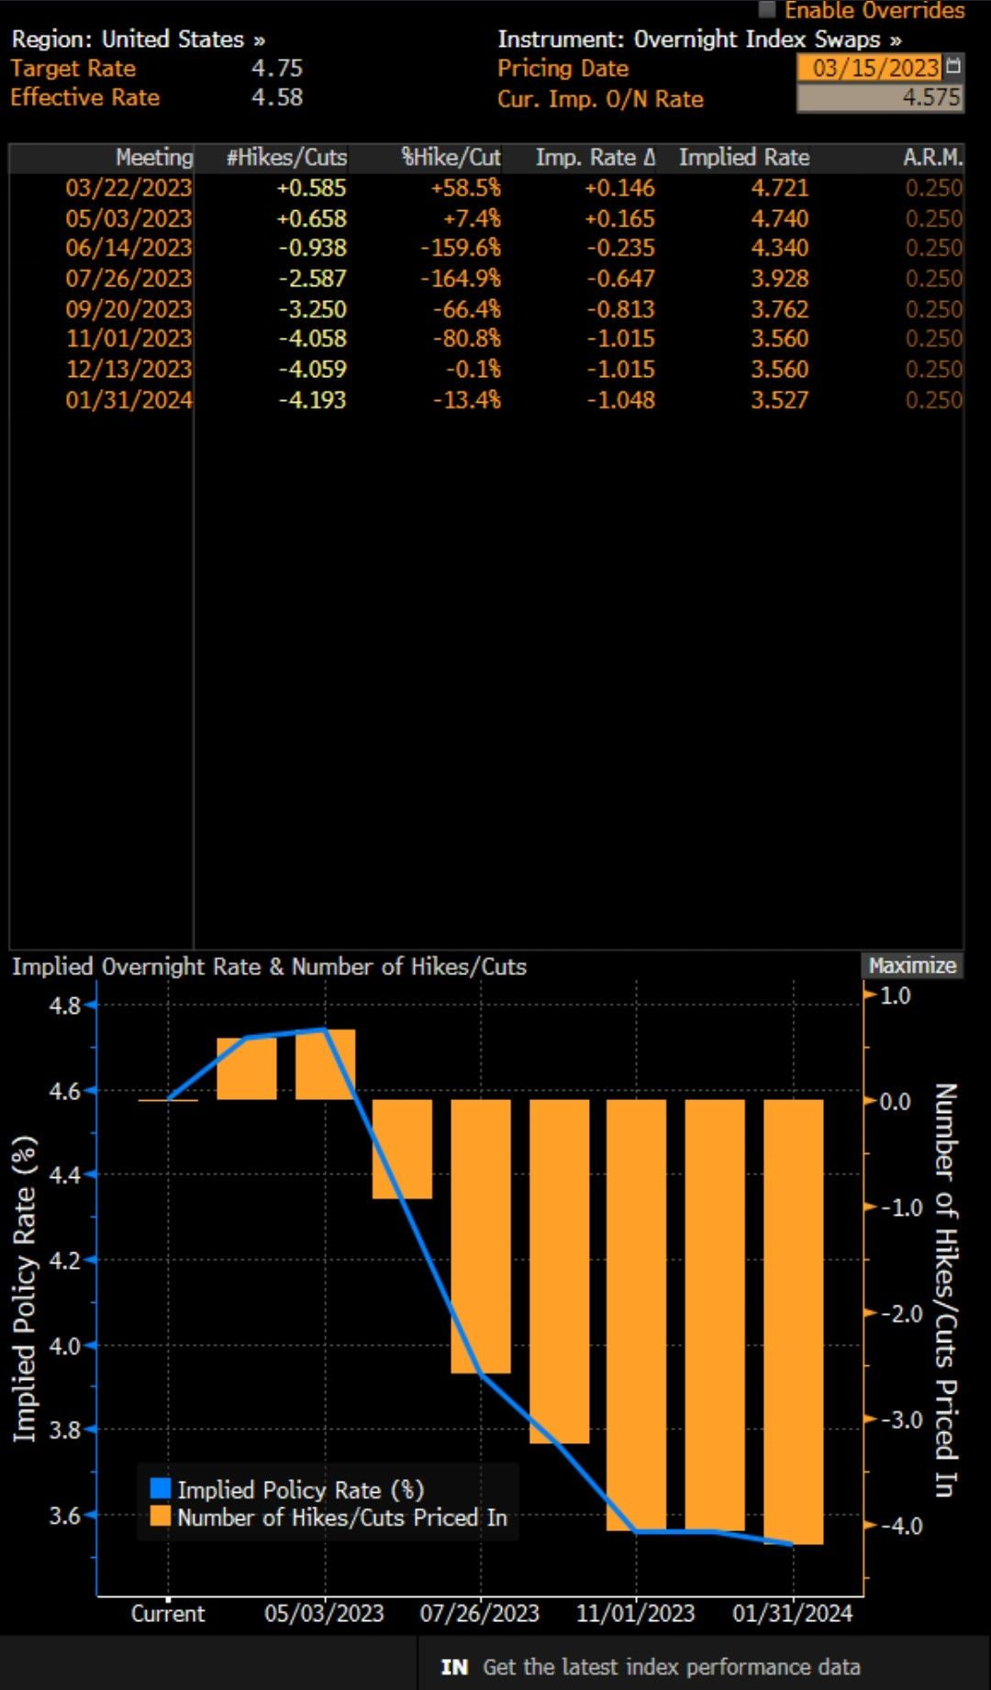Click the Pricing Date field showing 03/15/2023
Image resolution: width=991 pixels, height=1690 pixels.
click(875, 68)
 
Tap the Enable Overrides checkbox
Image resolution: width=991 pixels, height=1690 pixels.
click(767, 10)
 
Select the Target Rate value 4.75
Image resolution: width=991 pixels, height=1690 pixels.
click(276, 68)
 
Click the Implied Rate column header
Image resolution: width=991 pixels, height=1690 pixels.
click(743, 158)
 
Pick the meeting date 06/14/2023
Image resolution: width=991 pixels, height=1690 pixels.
click(128, 248)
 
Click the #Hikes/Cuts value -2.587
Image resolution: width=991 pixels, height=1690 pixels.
click(312, 279)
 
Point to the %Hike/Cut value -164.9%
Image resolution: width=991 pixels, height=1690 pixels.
click(461, 279)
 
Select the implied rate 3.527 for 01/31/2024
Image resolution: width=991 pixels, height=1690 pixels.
click(779, 400)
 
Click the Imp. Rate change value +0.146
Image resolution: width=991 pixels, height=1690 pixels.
click(620, 188)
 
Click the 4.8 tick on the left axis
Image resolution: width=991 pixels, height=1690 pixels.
click(65, 1006)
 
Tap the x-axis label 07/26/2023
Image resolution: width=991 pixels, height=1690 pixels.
click(479, 1613)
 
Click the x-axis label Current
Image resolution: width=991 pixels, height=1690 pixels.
click(168, 1613)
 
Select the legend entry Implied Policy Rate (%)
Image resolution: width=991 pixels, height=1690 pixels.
click(300, 1490)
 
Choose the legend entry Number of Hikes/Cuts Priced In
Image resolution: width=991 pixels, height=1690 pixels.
click(341, 1518)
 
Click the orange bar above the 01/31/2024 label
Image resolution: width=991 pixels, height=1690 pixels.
click(793, 1321)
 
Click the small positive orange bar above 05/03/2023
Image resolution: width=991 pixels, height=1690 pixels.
click(325, 1064)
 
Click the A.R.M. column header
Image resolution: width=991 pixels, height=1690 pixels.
click(932, 158)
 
